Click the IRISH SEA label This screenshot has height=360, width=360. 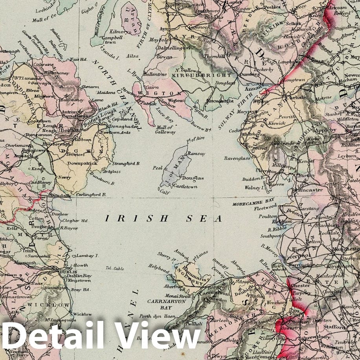click(x=163, y=219)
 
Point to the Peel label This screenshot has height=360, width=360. click(x=158, y=168)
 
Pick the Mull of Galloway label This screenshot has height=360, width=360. click(x=165, y=130)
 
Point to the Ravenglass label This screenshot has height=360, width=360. click(x=237, y=159)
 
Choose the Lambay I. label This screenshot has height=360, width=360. click(x=87, y=256)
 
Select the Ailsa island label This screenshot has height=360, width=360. click(x=133, y=56)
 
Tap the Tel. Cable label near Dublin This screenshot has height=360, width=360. click(x=115, y=268)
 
